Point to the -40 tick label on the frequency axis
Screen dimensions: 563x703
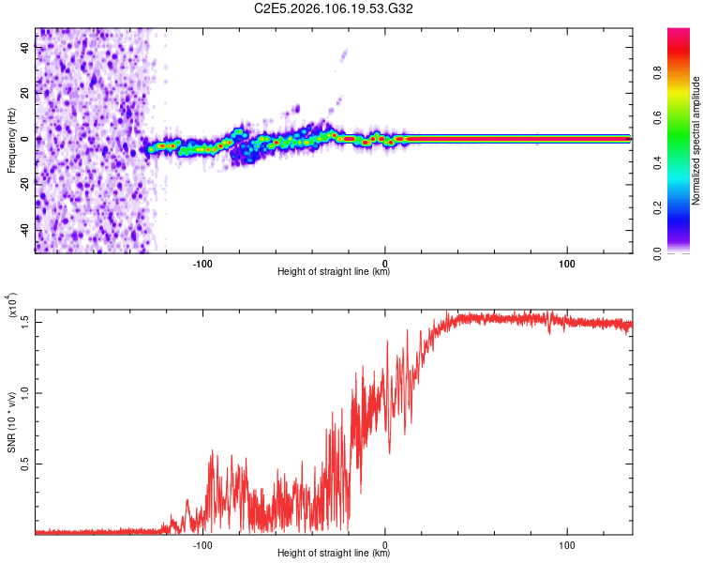(x=25, y=229)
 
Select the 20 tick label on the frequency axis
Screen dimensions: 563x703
(x=25, y=93)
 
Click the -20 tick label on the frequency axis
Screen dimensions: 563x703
(x=25, y=184)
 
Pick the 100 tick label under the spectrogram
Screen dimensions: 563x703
(x=567, y=262)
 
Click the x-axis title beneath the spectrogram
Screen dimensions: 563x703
(x=334, y=272)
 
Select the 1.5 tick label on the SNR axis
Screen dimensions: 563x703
(x=25, y=321)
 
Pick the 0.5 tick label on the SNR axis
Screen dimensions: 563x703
(x=25, y=464)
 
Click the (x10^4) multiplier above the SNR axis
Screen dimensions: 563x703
(x=13, y=307)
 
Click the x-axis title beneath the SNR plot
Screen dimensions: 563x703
(x=334, y=554)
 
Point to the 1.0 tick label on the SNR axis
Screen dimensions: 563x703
(x=25, y=393)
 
